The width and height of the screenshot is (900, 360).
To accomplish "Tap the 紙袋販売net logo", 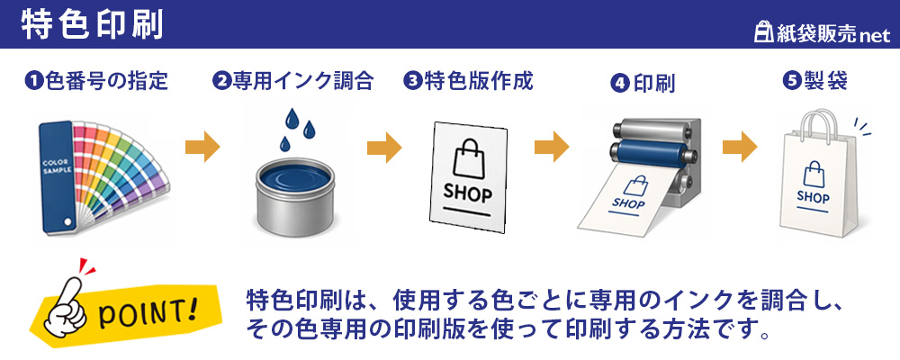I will (x=822, y=34).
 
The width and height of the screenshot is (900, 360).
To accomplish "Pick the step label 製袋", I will (x=823, y=82).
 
